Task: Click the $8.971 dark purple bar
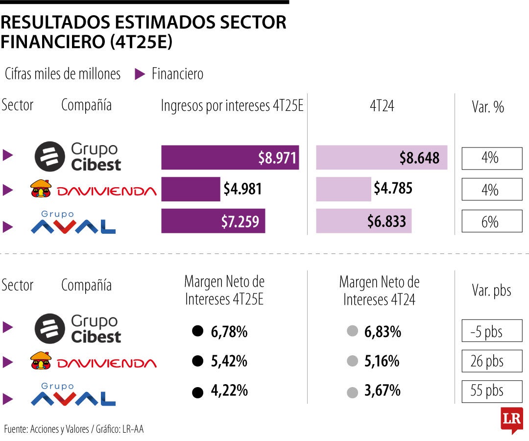click(x=230, y=158)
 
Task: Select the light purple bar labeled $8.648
click(x=382, y=158)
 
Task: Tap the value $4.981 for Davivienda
click(x=242, y=189)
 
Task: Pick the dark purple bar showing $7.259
click(x=213, y=221)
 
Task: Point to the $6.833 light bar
click(x=364, y=221)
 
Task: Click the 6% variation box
click(x=492, y=221)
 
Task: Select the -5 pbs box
click(x=492, y=331)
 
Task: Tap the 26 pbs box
click(x=492, y=361)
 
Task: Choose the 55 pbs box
click(x=492, y=391)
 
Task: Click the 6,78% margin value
click(x=229, y=332)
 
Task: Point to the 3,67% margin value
click(x=383, y=391)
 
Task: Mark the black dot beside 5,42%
click(x=197, y=362)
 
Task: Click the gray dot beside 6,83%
click(x=352, y=332)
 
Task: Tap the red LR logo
click(x=511, y=420)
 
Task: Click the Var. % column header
click(x=488, y=106)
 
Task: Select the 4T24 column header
click(x=382, y=106)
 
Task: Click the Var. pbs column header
click(x=491, y=290)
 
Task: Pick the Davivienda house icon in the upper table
click(x=41, y=189)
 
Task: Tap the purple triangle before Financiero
click(x=140, y=74)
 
